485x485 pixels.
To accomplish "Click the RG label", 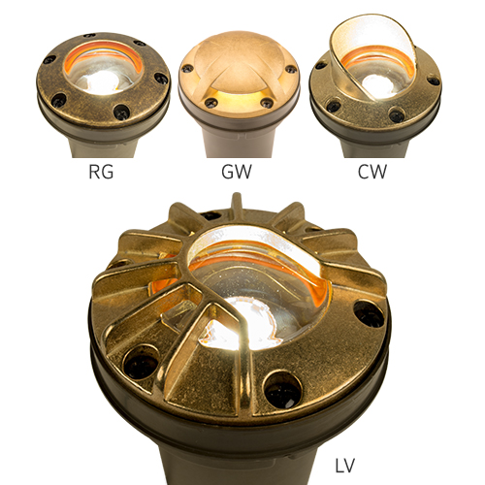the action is click(x=101, y=172).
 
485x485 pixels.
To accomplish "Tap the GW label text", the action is click(x=237, y=172).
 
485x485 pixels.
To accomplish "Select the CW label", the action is click(x=372, y=172).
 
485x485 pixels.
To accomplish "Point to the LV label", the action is click(x=344, y=466).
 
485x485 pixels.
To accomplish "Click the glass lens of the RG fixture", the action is click(x=103, y=71).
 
